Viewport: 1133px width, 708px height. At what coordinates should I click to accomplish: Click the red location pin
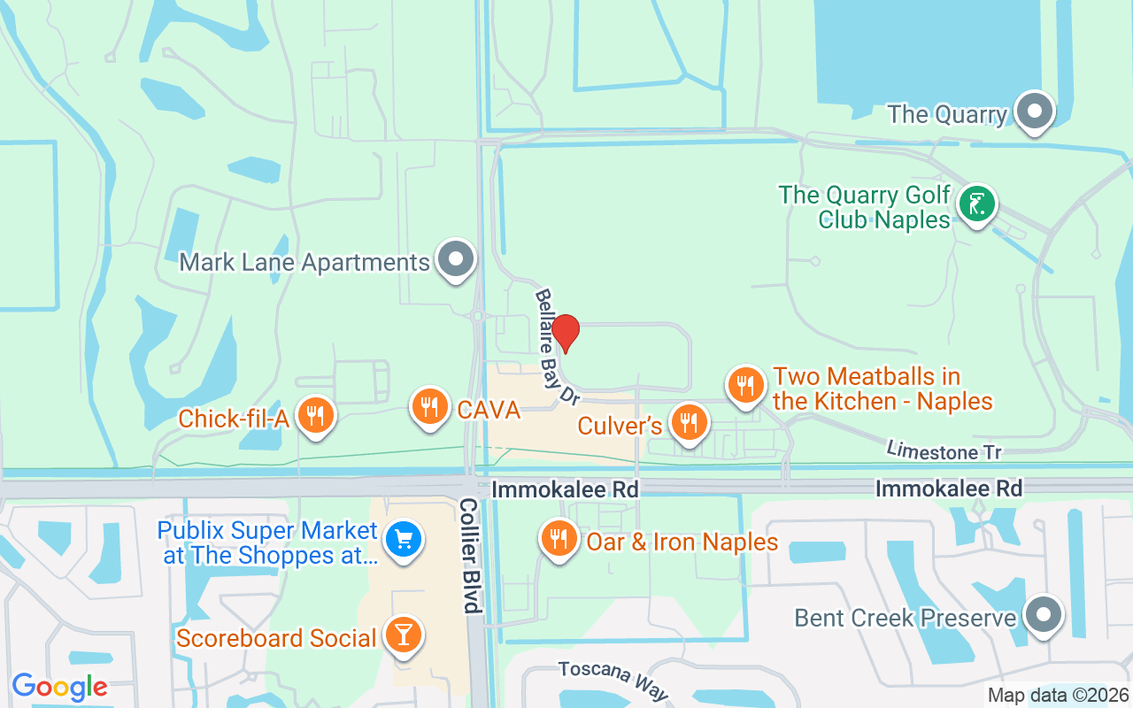(x=566, y=332)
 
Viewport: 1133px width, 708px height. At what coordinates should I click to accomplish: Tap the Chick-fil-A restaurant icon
(x=313, y=414)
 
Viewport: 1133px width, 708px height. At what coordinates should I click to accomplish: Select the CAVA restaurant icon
(x=429, y=406)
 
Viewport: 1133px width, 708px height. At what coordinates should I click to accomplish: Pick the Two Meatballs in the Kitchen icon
(x=746, y=385)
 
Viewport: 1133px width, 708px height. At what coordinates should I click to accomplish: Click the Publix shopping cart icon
(x=404, y=538)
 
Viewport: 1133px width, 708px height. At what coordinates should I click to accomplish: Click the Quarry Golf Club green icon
(x=976, y=204)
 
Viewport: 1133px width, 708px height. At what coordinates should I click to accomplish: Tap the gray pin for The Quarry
(x=1033, y=112)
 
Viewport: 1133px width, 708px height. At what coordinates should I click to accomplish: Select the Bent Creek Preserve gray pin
(x=1044, y=613)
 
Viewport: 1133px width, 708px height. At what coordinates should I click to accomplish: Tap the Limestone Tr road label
(x=944, y=450)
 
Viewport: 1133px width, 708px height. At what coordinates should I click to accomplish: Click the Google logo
(x=59, y=687)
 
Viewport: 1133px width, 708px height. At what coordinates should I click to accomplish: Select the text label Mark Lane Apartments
(x=304, y=263)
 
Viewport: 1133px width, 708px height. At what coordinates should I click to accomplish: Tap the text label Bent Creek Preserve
(x=905, y=617)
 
